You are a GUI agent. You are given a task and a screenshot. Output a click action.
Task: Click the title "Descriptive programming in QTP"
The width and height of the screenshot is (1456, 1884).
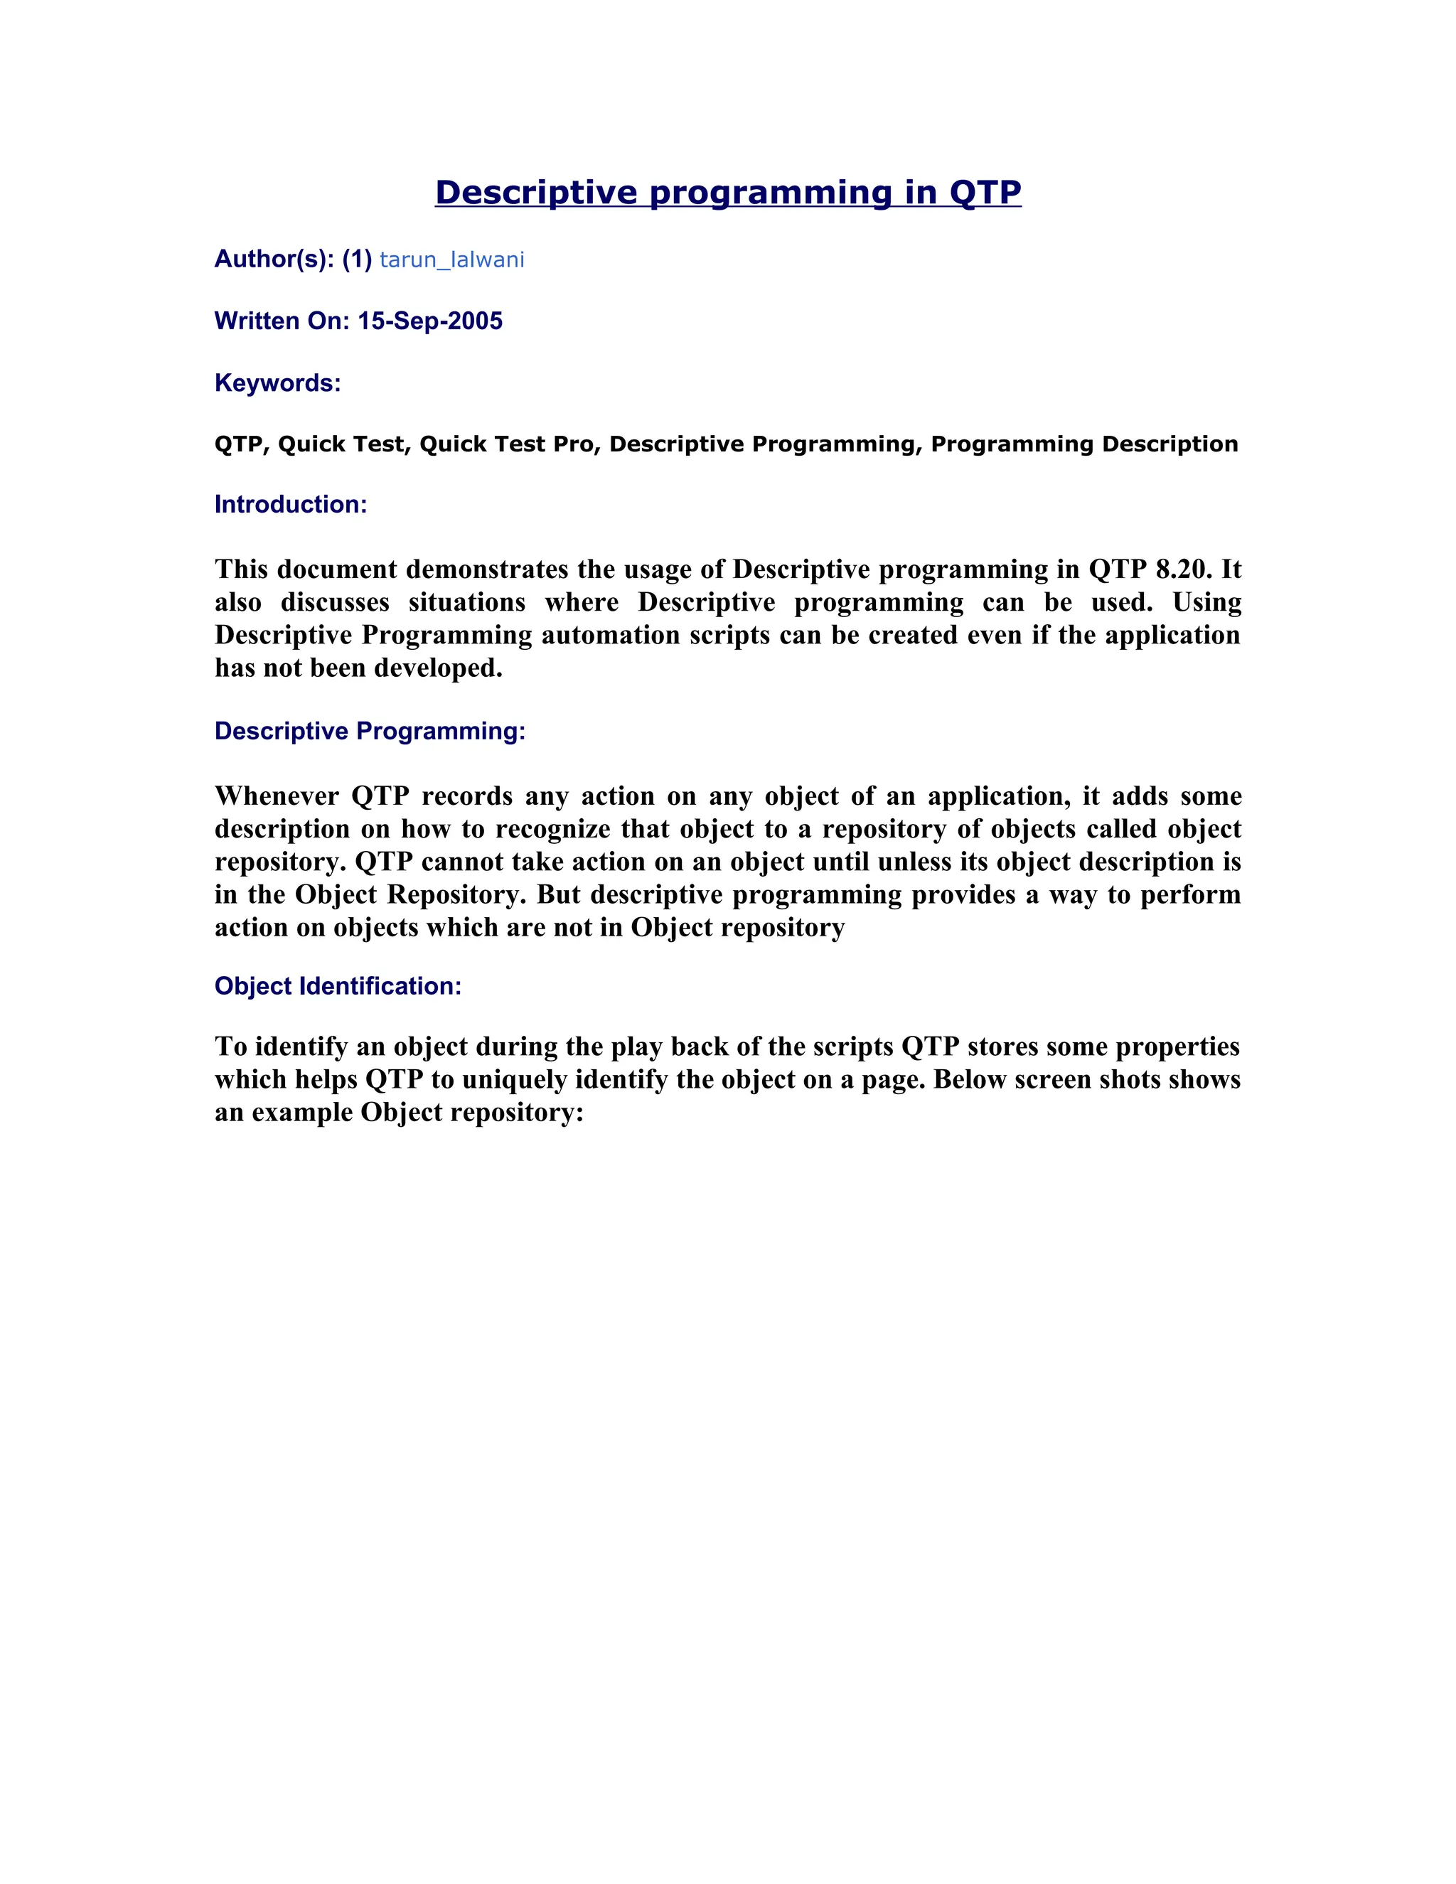pyautogui.click(x=728, y=193)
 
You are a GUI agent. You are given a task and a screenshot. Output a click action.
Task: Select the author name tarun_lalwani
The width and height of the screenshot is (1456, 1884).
pyautogui.click(x=451, y=259)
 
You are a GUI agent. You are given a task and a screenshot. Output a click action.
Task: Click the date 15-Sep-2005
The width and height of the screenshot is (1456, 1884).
pyautogui.click(x=429, y=321)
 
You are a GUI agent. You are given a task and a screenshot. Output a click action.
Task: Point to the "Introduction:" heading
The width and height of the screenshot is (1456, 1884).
pyautogui.click(x=291, y=505)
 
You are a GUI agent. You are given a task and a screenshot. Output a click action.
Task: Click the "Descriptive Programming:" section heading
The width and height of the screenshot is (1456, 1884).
pyautogui.click(x=370, y=732)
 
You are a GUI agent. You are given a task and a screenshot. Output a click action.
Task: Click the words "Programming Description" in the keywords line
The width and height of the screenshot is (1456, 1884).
pyautogui.click(x=1084, y=444)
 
